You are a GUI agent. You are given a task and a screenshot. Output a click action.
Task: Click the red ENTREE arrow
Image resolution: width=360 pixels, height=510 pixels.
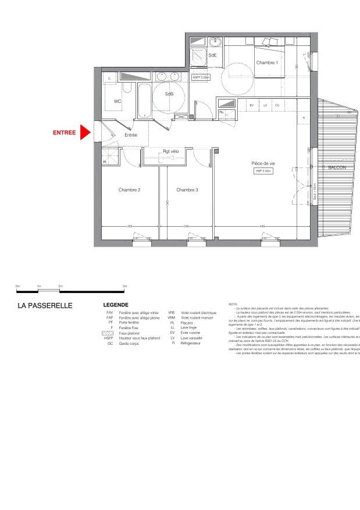tap(85, 133)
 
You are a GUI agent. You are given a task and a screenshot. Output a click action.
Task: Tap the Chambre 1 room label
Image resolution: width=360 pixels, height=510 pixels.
tap(267, 63)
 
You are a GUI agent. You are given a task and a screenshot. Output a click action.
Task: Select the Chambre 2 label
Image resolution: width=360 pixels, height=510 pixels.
tap(130, 190)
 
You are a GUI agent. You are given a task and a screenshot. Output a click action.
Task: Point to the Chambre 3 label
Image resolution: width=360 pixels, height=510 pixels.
tap(187, 190)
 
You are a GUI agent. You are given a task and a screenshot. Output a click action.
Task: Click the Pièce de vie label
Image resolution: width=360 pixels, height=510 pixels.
tap(263, 163)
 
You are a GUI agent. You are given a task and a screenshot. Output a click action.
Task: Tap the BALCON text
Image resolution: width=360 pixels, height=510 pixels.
tap(337, 167)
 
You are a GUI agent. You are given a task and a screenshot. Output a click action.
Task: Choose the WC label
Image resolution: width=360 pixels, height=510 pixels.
tap(117, 101)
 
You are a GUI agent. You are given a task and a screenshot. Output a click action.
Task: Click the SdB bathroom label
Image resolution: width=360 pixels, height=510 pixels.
tap(169, 94)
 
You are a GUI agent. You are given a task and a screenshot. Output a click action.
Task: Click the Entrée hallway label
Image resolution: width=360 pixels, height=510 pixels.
tap(130, 135)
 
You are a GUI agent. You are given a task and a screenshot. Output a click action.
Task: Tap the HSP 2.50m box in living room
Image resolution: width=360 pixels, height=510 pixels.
tap(263, 172)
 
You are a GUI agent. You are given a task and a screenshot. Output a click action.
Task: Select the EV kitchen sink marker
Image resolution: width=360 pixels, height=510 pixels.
tap(252, 105)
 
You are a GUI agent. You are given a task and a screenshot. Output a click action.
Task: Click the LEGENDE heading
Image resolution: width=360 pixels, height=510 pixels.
tap(116, 305)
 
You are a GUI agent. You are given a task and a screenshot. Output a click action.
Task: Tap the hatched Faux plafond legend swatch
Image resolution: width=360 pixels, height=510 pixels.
tap(109, 333)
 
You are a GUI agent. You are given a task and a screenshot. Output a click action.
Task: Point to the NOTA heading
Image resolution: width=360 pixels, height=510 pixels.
tap(233, 304)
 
